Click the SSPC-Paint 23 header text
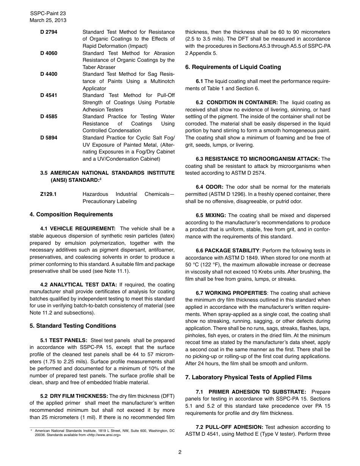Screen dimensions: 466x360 (48, 13)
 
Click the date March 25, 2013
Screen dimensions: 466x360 (48, 20)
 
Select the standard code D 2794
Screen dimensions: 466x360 (49, 32)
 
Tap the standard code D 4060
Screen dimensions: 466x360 (49, 53)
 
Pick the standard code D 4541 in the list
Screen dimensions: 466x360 (49, 95)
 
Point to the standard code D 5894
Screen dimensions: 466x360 (49, 138)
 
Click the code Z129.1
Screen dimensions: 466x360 (49, 194)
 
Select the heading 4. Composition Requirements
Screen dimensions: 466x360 (71, 214)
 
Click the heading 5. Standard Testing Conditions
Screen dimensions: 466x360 (73, 326)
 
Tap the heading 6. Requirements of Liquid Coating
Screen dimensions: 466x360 (233, 67)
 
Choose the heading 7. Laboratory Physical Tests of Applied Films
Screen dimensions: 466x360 (248, 377)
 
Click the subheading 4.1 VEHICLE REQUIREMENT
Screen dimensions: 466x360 (78, 228)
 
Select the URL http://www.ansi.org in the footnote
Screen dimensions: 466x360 (104, 435)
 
